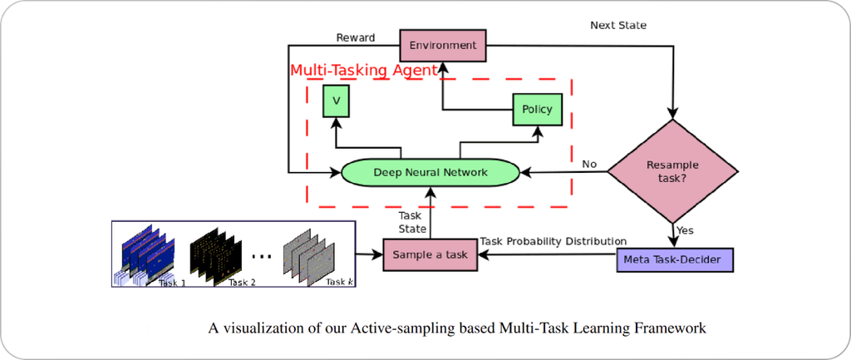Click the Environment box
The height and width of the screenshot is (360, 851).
[442, 44]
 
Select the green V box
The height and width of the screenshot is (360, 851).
[337, 100]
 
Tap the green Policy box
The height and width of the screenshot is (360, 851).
[537, 109]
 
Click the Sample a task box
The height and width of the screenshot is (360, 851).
[430, 254]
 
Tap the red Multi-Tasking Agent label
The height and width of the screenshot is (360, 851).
[363, 71]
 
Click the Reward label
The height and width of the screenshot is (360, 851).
[356, 37]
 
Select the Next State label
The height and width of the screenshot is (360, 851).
[617, 26]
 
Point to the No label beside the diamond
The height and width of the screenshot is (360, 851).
[589, 163]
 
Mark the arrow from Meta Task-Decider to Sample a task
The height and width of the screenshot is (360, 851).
[548, 256]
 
